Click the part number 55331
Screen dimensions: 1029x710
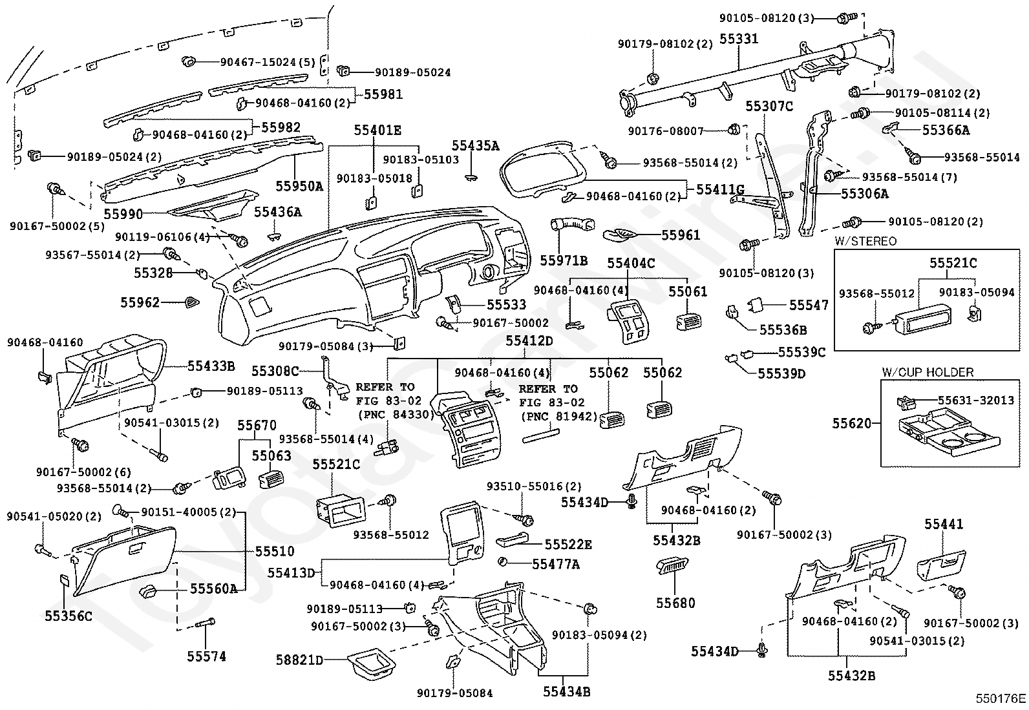pos(739,39)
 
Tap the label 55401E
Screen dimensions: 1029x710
pos(377,131)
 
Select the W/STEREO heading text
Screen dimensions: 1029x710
pos(865,241)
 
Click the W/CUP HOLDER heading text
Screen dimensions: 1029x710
pos(928,372)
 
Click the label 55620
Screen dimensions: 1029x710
pos(852,423)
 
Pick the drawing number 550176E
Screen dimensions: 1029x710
pos(1001,698)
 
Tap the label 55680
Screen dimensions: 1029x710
pos(675,603)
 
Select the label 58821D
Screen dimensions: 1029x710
pos(299,660)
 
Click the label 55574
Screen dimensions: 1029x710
pos(206,656)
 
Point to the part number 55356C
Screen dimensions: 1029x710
pos(69,616)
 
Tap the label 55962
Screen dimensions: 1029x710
pos(140,302)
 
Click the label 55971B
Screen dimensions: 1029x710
pos(564,260)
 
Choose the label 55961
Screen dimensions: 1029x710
pos(681,235)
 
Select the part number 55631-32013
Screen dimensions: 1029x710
pos(976,400)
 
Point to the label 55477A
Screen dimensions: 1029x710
pos(556,564)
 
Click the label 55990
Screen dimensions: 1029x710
pos(123,214)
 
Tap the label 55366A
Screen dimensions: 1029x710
pos(946,131)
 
